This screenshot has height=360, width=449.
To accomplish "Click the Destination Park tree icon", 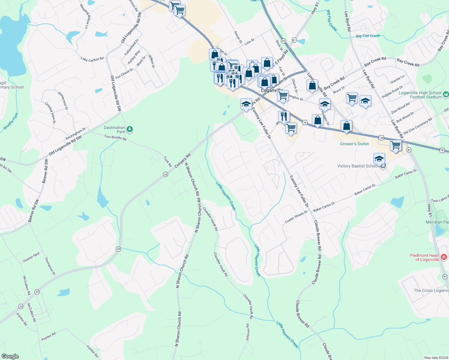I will [x=130, y=129].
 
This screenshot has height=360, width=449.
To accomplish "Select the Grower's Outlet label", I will [x=354, y=144].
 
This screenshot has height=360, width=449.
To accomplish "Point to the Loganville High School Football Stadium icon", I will [x=446, y=94].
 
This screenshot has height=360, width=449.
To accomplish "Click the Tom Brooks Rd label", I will [x=115, y=138].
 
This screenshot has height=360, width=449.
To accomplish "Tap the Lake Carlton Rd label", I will [x=92, y=59].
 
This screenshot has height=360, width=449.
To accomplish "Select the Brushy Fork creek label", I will [x=11, y=121].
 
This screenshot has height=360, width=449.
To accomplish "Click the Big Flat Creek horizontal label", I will [x=368, y=36].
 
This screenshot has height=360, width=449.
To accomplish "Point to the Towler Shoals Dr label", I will [x=296, y=217].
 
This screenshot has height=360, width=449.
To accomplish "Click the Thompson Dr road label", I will [x=50, y=266].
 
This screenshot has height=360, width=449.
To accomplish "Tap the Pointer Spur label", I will [x=32, y=257].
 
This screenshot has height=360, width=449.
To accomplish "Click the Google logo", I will [x=10, y=356].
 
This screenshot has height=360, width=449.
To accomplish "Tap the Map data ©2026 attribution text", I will [x=435, y=358].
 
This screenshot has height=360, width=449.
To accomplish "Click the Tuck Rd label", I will [x=168, y=161].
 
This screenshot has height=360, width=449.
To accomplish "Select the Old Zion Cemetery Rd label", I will [x=417, y=126].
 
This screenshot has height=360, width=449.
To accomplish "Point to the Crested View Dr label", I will [x=50, y=113].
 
